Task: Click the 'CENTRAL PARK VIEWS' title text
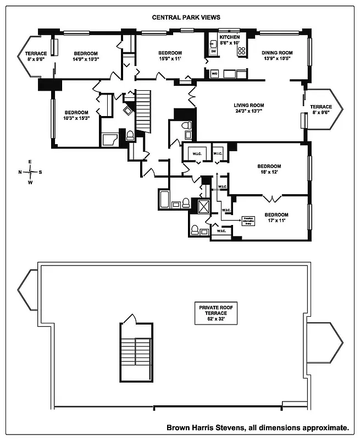(186, 17)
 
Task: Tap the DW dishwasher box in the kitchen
(214, 51)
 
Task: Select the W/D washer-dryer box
(214, 73)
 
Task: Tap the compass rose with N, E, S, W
(30, 172)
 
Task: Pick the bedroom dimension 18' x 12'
(269, 173)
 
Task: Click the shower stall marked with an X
(204, 207)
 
